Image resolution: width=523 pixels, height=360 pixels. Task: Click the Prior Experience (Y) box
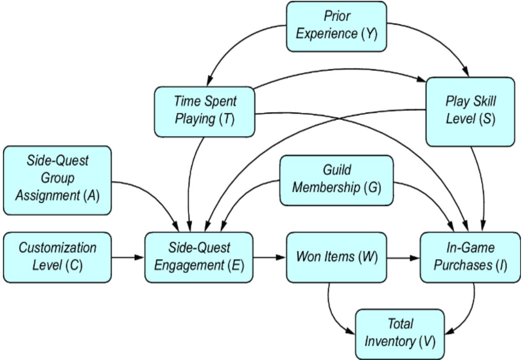click(336, 26)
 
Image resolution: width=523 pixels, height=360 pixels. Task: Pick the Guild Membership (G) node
click(336, 180)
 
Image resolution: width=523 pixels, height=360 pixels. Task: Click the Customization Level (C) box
click(57, 257)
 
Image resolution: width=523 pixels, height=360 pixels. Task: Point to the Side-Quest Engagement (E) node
click(199, 257)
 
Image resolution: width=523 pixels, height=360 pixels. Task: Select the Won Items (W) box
click(337, 257)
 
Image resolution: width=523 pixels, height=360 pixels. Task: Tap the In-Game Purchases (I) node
click(471, 257)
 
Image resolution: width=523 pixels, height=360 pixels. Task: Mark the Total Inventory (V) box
click(400, 333)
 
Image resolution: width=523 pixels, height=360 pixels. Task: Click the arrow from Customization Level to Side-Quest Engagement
click(128, 257)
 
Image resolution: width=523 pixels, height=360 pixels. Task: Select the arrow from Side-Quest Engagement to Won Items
click(270, 257)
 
